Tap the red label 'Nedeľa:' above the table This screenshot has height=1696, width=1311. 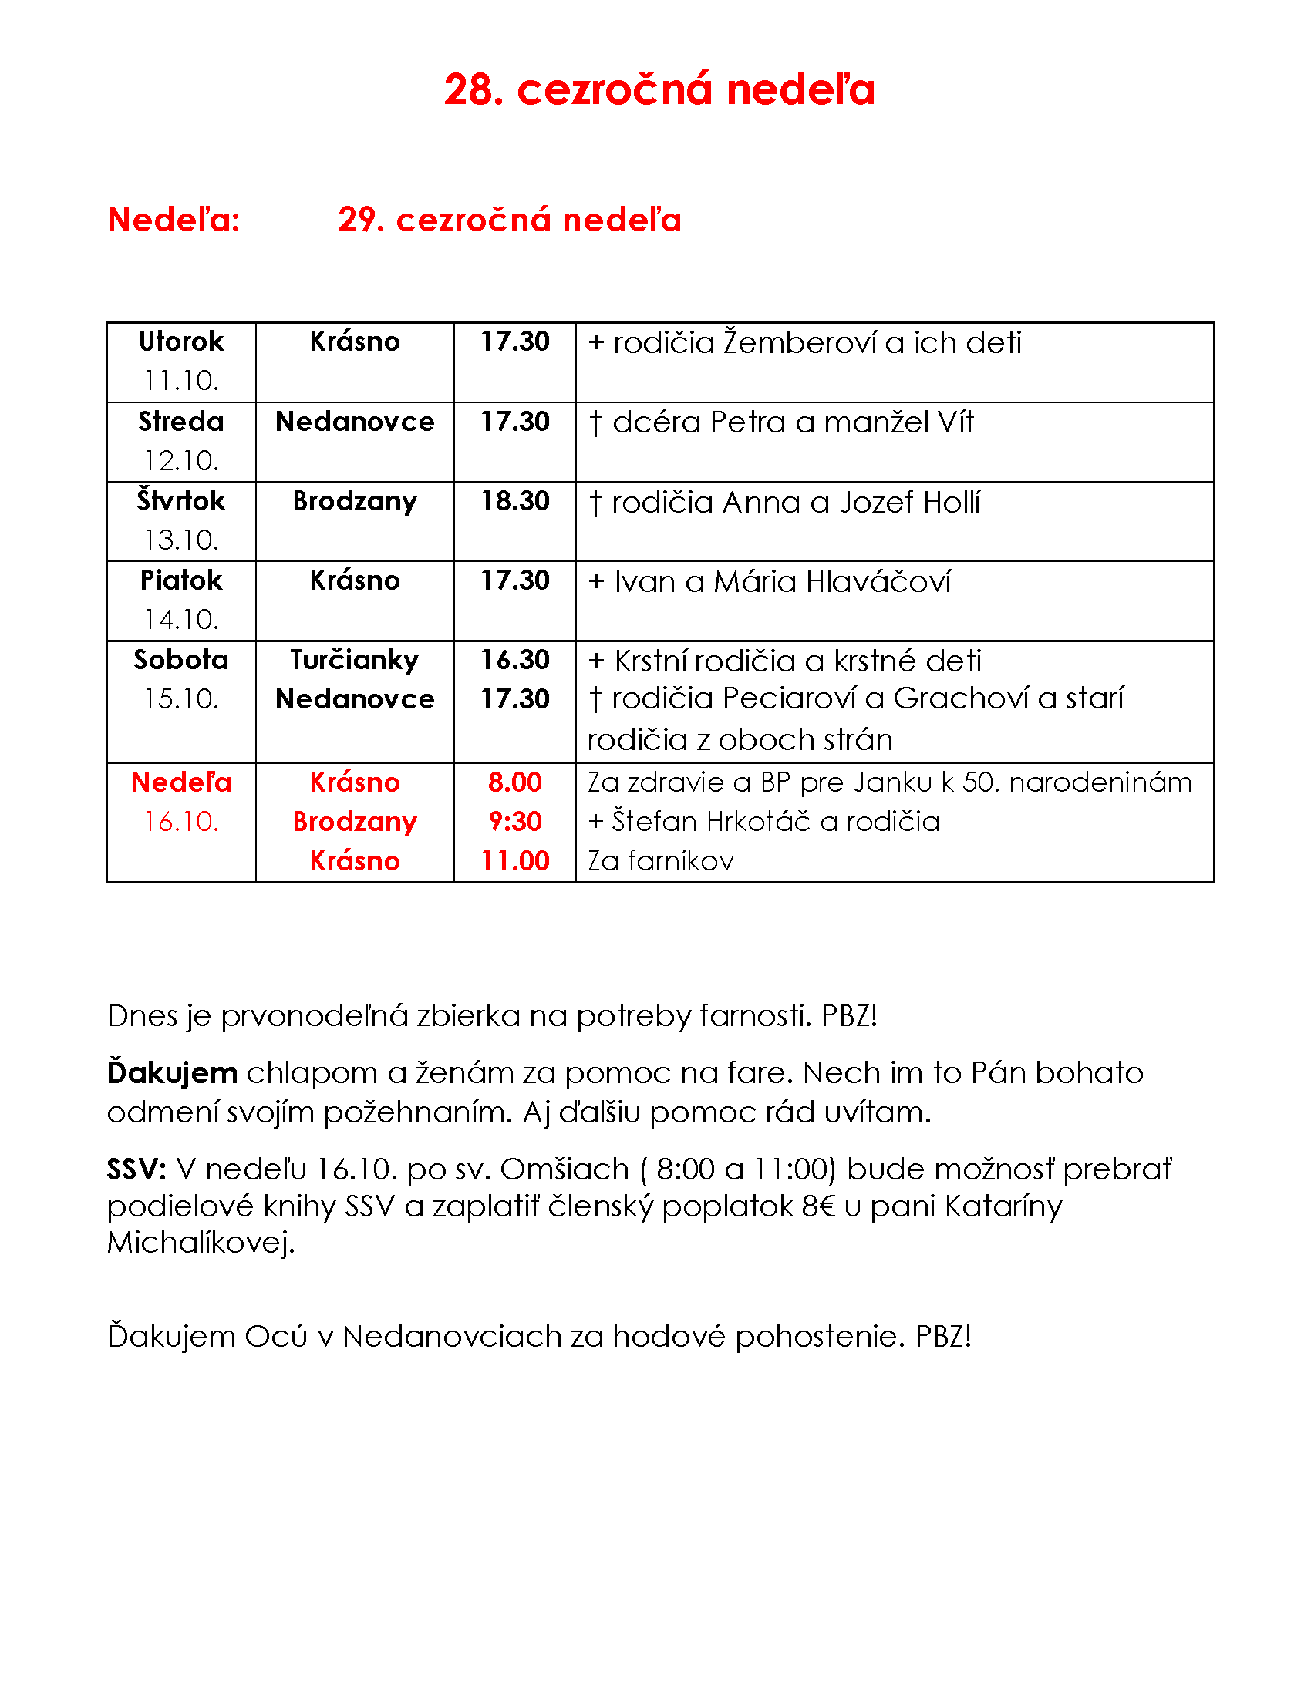174,220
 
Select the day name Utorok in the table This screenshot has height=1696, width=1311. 181,342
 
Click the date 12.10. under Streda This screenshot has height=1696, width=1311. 181,460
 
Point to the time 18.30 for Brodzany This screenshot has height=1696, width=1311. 514,501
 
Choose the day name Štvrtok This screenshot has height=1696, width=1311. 181,501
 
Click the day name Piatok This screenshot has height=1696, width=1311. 181,580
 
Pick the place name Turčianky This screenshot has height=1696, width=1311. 354,660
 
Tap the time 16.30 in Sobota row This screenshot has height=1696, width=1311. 514,660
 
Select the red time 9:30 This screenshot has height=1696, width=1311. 514,821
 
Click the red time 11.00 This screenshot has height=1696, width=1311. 514,860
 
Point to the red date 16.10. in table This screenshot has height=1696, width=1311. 181,821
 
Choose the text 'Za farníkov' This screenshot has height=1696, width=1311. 660,861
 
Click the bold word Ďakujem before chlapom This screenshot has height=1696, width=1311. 172,1073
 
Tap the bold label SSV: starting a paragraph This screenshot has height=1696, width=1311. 136,1169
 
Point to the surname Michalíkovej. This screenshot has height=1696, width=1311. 201,1243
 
